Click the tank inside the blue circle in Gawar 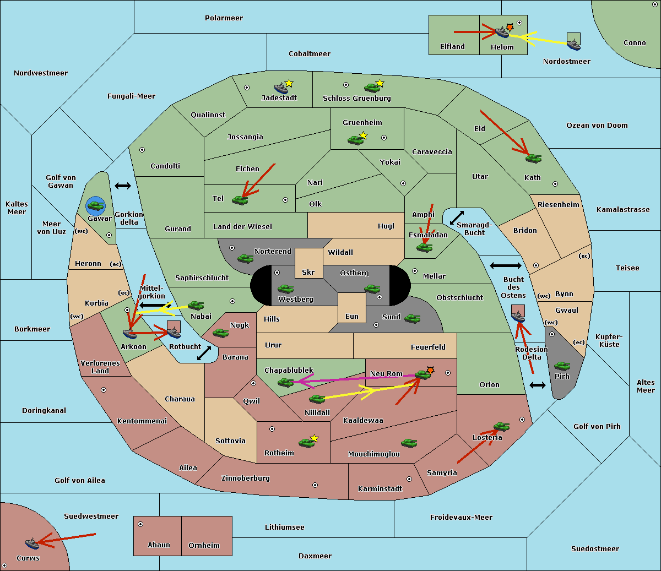pyautogui.click(x=96, y=205)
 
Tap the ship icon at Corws pyautogui.click(x=32, y=543)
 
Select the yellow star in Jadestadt pyautogui.click(x=289, y=83)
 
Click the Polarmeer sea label pyautogui.click(x=224, y=18)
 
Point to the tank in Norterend pyautogui.click(x=246, y=258)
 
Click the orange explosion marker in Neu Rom pyautogui.click(x=430, y=370)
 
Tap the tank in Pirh pyautogui.click(x=562, y=366)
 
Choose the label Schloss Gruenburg pyautogui.click(x=357, y=99)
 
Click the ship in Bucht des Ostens pyautogui.click(x=518, y=317)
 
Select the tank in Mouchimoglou pyautogui.click(x=409, y=443)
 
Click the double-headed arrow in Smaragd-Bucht pyautogui.click(x=457, y=217)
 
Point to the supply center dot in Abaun pyautogui.click(x=140, y=524)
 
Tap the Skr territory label pyautogui.click(x=308, y=272)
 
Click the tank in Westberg pyautogui.click(x=285, y=289)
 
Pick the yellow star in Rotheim pyautogui.click(x=315, y=438)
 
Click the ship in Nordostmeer pyautogui.click(x=574, y=45)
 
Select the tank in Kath pyautogui.click(x=533, y=158)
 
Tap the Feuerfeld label pyautogui.click(x=428, y=347)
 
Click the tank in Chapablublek pyautogui.click(x=285, y=382)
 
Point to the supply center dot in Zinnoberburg pyautogui.click(x=315, y=485)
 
